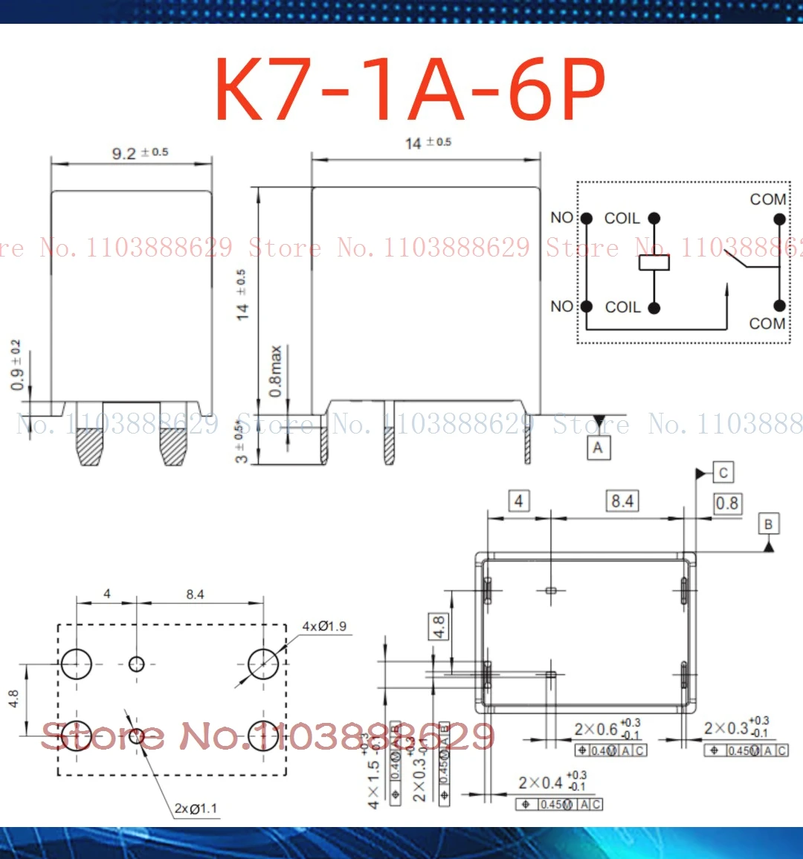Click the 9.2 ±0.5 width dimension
click(139, 152)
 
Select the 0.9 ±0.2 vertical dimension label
click(16, 365)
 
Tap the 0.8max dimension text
click(276, 370)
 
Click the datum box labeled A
click(598, 448)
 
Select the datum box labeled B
click(768, 524)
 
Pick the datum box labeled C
click(723, 472)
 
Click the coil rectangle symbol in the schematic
click(654, 262)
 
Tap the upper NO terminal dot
click(586, 218)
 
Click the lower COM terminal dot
click(779, 306)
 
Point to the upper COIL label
click(622, 218)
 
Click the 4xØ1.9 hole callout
click(324, 626)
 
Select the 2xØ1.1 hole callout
click(196, 808)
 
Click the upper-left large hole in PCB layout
click(76, 663)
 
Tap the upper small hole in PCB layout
click(136, 663)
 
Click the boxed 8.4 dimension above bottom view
click(622, 501)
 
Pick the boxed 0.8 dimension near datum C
click(726, 504)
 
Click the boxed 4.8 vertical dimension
click(439, 626)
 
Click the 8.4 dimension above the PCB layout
click(195, 594)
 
